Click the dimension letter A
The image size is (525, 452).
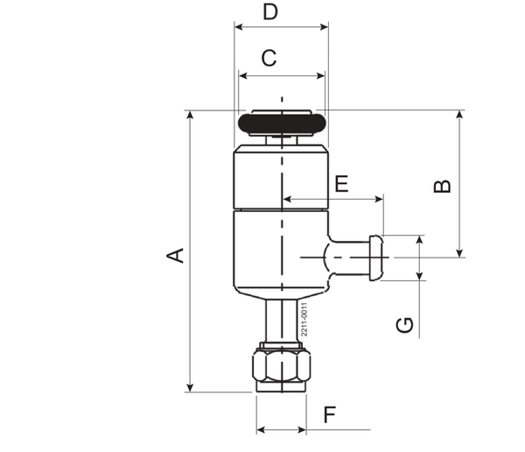177,255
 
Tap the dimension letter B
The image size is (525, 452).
443,187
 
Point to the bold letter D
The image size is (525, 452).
271,12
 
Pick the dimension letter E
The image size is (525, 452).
341,184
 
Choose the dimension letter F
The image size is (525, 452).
329,414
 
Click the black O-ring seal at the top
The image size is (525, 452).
281,123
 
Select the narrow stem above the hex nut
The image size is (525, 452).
281,321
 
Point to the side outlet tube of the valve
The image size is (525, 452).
350,257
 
